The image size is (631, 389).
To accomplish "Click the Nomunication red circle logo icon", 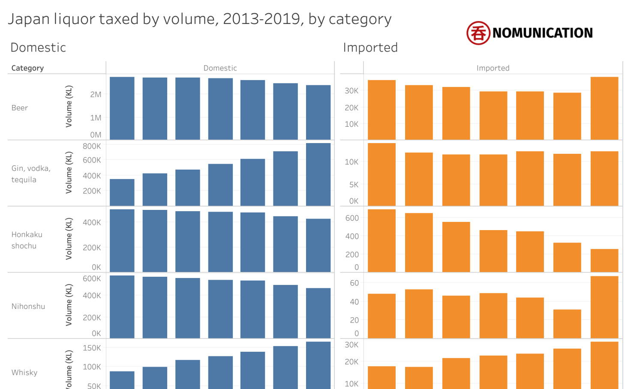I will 478,33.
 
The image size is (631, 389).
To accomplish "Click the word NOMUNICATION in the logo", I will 542,33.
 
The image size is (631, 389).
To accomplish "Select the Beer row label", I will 20,108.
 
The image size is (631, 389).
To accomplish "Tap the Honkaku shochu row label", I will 27,240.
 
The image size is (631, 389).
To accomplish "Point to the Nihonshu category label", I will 28,306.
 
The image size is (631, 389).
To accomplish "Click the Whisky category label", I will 24,372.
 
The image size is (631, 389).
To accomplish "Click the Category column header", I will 27,68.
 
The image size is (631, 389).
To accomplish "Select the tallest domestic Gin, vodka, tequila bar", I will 318,175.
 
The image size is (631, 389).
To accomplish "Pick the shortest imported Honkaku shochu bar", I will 604,260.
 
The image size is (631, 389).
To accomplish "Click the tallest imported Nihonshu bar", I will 604,307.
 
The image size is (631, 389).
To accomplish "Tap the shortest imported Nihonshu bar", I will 567,324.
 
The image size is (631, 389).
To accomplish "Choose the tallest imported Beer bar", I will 604,108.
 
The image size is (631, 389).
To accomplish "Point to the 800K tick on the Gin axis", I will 92,146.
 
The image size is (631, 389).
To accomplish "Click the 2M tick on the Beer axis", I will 96,94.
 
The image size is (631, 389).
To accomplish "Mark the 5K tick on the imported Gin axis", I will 354,185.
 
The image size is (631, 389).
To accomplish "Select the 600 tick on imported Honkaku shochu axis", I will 352,218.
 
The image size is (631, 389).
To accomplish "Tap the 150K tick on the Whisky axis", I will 92,348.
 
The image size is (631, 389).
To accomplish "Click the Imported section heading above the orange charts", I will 370,47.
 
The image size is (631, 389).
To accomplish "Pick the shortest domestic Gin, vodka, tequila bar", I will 122,193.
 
